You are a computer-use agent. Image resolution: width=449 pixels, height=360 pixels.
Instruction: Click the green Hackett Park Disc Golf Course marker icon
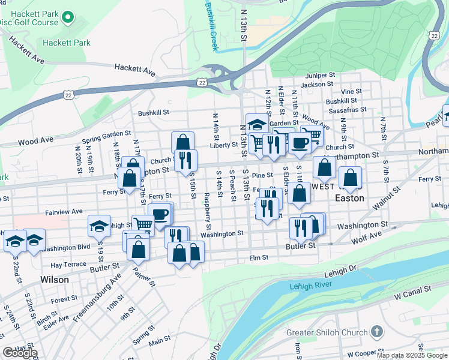[x=68, y=19]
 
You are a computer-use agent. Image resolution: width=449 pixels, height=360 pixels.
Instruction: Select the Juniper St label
[x=319, y=76]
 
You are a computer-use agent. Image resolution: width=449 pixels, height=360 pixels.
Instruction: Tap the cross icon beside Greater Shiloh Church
[x=376, y=331]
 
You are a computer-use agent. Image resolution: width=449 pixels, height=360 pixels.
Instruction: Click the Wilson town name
[x=55, y=280]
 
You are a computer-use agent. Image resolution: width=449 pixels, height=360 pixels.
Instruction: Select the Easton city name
[x=349, y=197]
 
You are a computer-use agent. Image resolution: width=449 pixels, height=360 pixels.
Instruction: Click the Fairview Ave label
[x=64, y=212]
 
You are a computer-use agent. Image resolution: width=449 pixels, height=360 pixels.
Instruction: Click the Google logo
[x=20, y=353]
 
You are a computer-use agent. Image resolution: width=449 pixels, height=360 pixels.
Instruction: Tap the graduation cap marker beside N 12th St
[x=256, y=124]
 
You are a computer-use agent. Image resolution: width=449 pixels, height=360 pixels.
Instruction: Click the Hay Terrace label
[x=68, y=265]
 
